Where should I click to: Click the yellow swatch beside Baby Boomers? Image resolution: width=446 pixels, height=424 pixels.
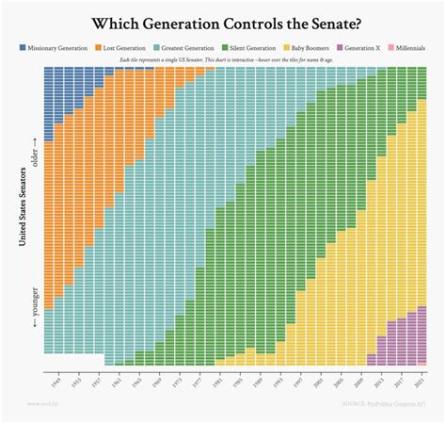coord(286,46)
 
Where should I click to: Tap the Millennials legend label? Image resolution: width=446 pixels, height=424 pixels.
coord(415,46)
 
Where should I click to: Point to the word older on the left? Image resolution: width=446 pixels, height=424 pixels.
coord(35,151)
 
